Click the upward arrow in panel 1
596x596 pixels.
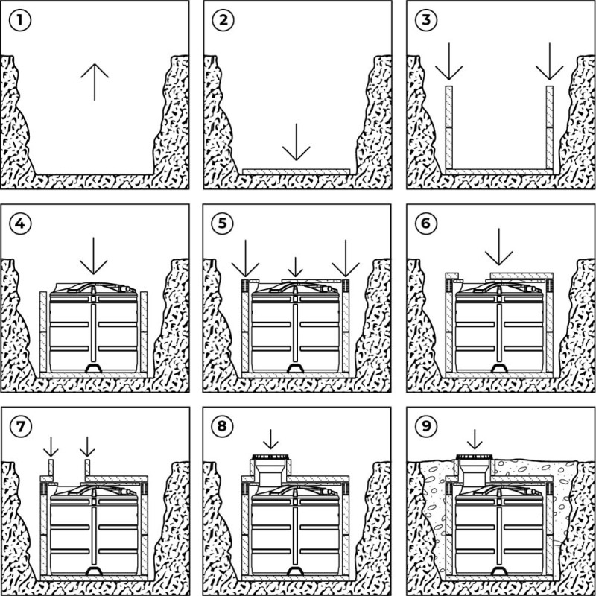[93, 81]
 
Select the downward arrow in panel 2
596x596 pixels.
[297, 142]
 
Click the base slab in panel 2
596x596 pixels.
[297, 171]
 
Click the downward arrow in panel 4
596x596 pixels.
[93, 256]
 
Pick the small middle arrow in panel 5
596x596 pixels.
[297, 266]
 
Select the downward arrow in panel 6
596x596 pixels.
[499, 250]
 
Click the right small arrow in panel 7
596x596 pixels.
[87, 447]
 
